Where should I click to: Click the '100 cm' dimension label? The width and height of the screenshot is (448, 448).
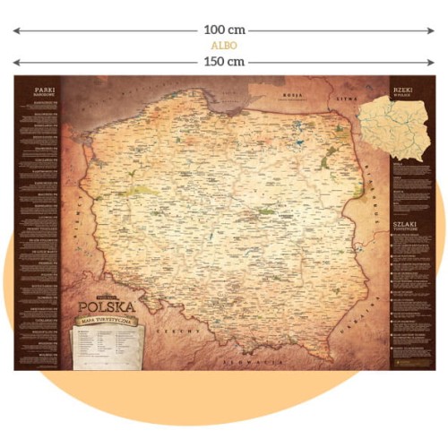(x=224, y=30)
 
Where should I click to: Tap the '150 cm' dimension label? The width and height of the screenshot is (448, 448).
(x=224, y=62)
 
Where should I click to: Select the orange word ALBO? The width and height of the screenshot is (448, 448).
(x=224, y=46)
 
